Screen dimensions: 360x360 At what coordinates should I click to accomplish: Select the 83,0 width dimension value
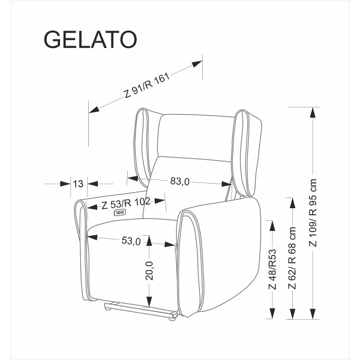click(x=179, y=181)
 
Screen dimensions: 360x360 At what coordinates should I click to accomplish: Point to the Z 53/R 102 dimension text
click(x=126, y=203)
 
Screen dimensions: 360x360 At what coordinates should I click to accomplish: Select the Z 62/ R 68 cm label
click(x=292, y=258)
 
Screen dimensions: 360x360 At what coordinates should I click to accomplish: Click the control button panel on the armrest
click(x=121, y=211)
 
